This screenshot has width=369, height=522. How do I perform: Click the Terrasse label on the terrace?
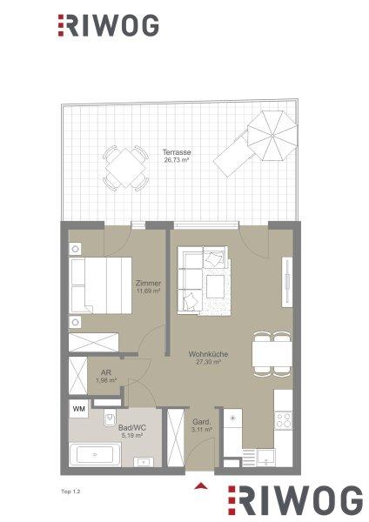[x=177, y=152]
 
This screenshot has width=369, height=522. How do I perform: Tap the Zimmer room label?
[x=148, y=284]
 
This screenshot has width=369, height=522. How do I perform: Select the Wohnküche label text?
[x=208, y=354]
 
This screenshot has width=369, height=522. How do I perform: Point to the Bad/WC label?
[x=132, y=428]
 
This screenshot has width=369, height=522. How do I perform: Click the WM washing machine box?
[x=78, y=409]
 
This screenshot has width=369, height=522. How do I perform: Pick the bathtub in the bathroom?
[x=95, y=454]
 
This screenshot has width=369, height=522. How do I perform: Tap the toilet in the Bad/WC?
[x=110, y=418]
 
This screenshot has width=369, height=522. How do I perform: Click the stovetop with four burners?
[x=284, y=420]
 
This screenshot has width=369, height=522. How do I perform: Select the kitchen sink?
[x=265, y=458]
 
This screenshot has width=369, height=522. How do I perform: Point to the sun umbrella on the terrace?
[x=272, y=136]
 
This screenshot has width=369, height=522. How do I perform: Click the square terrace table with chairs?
[x=125, y=168]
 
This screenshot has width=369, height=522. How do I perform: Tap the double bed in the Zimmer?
[x=100, y=285]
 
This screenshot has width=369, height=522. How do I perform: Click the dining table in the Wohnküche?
[x=272, y=354]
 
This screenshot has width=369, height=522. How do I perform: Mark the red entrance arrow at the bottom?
[x=201, y=485]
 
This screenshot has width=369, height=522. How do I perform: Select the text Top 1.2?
[x=71, y=492]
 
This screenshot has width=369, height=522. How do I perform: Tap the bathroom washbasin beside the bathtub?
[x=144, y=462]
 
